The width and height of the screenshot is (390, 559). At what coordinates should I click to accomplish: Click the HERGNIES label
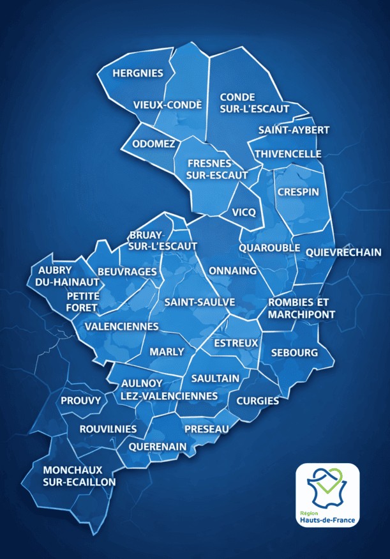click(x=137, y=73)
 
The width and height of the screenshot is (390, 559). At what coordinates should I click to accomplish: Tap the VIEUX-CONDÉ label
click(x=167, y=105)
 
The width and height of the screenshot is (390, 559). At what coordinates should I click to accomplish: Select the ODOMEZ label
click(x=153, y=144)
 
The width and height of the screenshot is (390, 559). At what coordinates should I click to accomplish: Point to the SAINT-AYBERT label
click(x=294, y=130)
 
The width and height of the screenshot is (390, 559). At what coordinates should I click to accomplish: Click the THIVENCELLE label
click(x=288, y=154)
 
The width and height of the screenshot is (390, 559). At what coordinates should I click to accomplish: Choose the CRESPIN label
click(x=297, y=191)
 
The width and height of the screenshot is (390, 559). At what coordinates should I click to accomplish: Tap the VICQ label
click(x=244, y=211)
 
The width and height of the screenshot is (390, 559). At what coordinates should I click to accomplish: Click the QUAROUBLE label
click(x=264, y=247)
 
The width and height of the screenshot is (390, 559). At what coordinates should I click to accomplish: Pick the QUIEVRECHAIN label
click(x=343, y=252)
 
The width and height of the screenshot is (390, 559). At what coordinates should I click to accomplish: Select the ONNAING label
click(x=232, y=270)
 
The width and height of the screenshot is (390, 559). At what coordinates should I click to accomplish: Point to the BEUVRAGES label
click(x=127, y=272)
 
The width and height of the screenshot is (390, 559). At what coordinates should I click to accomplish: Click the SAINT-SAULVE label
click(x=199, y=302)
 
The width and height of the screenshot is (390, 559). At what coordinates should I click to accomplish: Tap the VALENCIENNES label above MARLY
click(x=121, y=326)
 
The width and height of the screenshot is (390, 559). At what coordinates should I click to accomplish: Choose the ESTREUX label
click(x=236, y=343)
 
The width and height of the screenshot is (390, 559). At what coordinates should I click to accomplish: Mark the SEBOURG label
click(x=294, y=353)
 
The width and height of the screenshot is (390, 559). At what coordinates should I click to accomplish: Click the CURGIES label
click(x=258, y=401)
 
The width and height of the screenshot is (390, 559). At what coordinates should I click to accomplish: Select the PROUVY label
click(x=81, y=401)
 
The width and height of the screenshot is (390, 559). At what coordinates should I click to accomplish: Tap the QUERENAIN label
click(x=157, y=446)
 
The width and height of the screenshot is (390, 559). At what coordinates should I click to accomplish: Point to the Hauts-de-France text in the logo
click(x=327, y=519)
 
